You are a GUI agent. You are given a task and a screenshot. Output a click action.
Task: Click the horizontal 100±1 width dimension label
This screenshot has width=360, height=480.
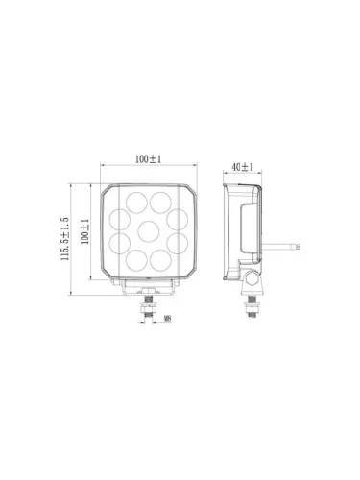[148, 159]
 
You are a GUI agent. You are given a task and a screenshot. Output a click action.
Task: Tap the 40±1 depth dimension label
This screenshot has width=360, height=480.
[242, 167]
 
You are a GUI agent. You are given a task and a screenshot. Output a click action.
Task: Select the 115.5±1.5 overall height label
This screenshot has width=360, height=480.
[65, 239]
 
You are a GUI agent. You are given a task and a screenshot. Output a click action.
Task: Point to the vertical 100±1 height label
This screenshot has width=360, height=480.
[84, 231]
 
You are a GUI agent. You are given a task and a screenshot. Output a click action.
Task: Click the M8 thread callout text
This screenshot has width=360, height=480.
[167, 319]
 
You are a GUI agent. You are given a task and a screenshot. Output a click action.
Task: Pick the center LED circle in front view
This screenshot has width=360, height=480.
[149, 231]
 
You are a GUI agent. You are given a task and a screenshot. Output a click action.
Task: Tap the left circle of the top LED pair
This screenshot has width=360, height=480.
[136, 203]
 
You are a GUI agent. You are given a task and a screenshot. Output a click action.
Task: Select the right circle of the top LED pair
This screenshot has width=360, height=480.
[160, 203]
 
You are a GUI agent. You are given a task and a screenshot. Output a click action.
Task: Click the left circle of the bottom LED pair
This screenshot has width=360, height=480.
[136, 260]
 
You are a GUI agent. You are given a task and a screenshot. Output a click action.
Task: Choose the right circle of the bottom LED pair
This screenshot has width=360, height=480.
[160, 260]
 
